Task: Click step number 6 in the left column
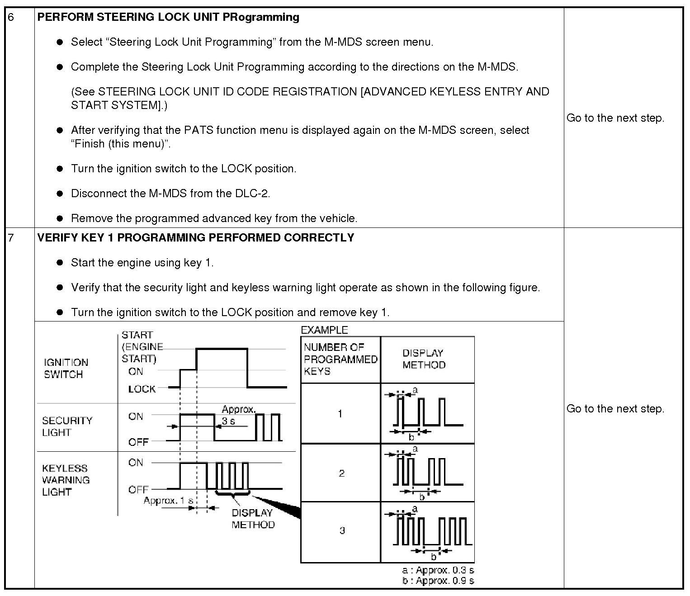pos(11,17)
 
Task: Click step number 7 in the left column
pos(11,237)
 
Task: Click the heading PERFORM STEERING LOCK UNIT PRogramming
pos(168,17)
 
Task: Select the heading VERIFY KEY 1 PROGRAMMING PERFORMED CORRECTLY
pos(195,237)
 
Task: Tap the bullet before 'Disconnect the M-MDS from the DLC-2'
pos(60,194)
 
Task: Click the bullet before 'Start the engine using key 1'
pos(60,263)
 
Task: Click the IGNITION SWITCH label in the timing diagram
pos(66,368)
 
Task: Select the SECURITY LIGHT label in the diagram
pos(67,426)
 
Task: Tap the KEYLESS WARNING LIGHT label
pos(66,480)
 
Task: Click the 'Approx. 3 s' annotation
pos(238,415)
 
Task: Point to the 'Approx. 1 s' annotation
pos(168,501)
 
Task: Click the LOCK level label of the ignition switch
pos(142,389)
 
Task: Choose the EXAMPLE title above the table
pos(324,330)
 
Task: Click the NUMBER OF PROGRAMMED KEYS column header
pos(340,359)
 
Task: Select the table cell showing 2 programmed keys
pos(341,473)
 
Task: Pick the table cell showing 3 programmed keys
pos(342,530)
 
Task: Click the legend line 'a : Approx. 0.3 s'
pos(438,570)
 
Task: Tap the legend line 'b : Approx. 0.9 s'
pos(438,581)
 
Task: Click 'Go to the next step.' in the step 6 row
pos(615,118)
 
